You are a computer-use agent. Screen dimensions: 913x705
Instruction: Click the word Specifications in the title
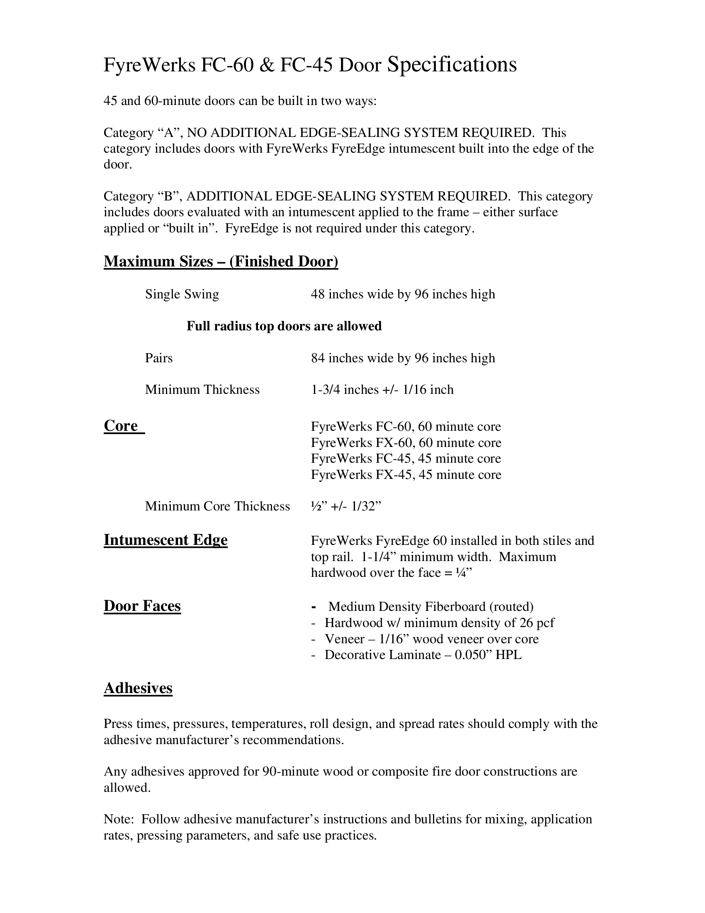click(x=452, y=65)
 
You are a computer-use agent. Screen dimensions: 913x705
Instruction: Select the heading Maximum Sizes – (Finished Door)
click(x=221, y=261)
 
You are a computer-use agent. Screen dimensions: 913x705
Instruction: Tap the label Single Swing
click(x=182, y=294)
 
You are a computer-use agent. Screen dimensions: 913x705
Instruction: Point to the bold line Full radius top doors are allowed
click(x=284, y=326)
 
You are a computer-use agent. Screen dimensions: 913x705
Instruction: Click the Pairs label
click(x=159, y=358)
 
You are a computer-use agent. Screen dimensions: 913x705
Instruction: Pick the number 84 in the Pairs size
click(x=318, y=358)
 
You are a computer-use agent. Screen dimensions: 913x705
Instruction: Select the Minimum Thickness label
click(x=202, y=390)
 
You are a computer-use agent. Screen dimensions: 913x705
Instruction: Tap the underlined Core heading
click(x=121, y=425)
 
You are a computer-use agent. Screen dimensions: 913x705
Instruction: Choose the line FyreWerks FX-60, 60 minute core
click(x=406, y=443)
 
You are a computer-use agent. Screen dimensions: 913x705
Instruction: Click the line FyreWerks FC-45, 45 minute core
click(x=406, y=459)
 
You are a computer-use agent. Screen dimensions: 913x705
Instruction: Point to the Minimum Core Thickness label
click(x=217, y=506)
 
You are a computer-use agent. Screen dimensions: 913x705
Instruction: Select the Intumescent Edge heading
click(x=165, y=540)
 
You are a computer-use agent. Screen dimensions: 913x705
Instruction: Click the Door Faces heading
click(x=142, y=606)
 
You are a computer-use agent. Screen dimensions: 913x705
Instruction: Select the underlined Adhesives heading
click(x=138, y=688)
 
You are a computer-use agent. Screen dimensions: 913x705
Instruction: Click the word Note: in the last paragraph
click(x=119, y=819)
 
